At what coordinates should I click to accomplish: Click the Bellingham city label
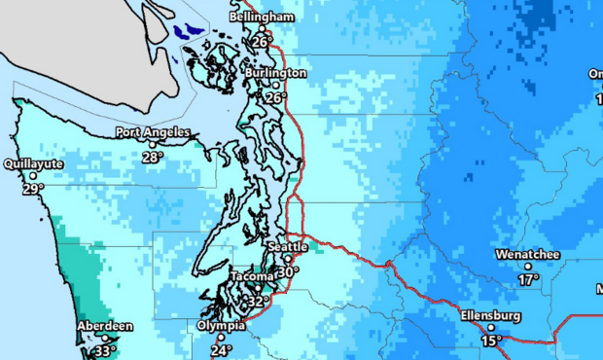click(262, 18)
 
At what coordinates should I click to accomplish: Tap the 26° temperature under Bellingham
click(261, 43)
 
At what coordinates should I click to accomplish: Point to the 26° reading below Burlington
click(275, 98)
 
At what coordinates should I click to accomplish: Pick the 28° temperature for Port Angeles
click(152, 157)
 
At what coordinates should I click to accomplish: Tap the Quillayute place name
click(33, 164)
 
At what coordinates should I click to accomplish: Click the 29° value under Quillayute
click(33, 189)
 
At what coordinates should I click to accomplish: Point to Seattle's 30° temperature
click(288, 272)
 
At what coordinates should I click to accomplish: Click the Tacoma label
click(254, 277)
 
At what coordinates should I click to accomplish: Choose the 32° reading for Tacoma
click(258, 303)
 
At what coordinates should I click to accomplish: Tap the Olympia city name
click(221, 326)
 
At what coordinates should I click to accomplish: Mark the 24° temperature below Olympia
click(222, 350)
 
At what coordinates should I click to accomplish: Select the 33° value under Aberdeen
click(105, 351)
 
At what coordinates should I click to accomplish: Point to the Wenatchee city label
click(528, 254)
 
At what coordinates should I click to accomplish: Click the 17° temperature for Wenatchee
click(528, 279)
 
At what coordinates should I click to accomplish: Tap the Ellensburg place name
click(491, 316)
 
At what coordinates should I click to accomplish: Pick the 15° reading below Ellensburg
click(491, 341)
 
